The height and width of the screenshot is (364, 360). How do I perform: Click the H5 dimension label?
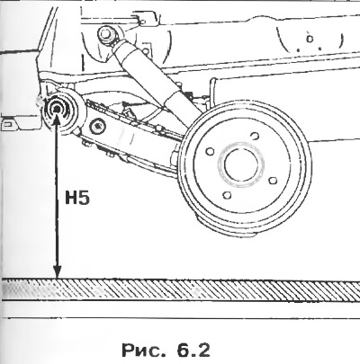pyautogui.click(x=77, y=198)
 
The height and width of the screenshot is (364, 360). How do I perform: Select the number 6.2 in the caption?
pyautogui.click(x=193, y=350)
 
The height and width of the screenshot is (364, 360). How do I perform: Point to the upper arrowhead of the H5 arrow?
pyautogui.click(x=56, y=120)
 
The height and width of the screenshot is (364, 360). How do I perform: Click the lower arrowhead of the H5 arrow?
pyautogui.click(x=57, y=271)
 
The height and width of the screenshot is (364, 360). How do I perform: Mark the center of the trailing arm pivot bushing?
pyautogui.click(x=56, y=110)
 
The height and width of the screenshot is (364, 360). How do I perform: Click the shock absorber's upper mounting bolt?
pyautogui.click(x=106, y=33)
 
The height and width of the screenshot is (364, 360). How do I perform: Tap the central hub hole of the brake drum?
pyautogui.click(x=241, y=165)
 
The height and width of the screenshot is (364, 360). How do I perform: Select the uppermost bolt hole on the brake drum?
pyautogui.click(x=255, y=136)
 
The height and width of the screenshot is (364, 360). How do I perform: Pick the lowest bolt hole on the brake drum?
pyautogui.click(x=227, y=195)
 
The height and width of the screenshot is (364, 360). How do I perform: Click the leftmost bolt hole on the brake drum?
pyautogui.click(x=211, y=151)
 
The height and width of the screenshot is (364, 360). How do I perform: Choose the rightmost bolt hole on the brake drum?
pyautogui.click(x=273, y=181)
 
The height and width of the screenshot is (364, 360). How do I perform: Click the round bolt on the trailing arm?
pyautogui.click(x=97, y=126)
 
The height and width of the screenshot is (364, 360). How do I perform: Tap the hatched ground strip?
pyautogui.click(x=180, y=289)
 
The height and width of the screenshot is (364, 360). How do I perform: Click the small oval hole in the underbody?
pyautogui.click(x=310, y=39)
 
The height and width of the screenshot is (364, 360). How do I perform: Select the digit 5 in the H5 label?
pyautogui.click(x=84, y=198)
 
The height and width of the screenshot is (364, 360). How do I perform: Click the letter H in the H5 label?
pyautogui.click(x=71, y=198)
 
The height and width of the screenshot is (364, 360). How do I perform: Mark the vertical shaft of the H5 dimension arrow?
pyautogui.click(x=57, y=196)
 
